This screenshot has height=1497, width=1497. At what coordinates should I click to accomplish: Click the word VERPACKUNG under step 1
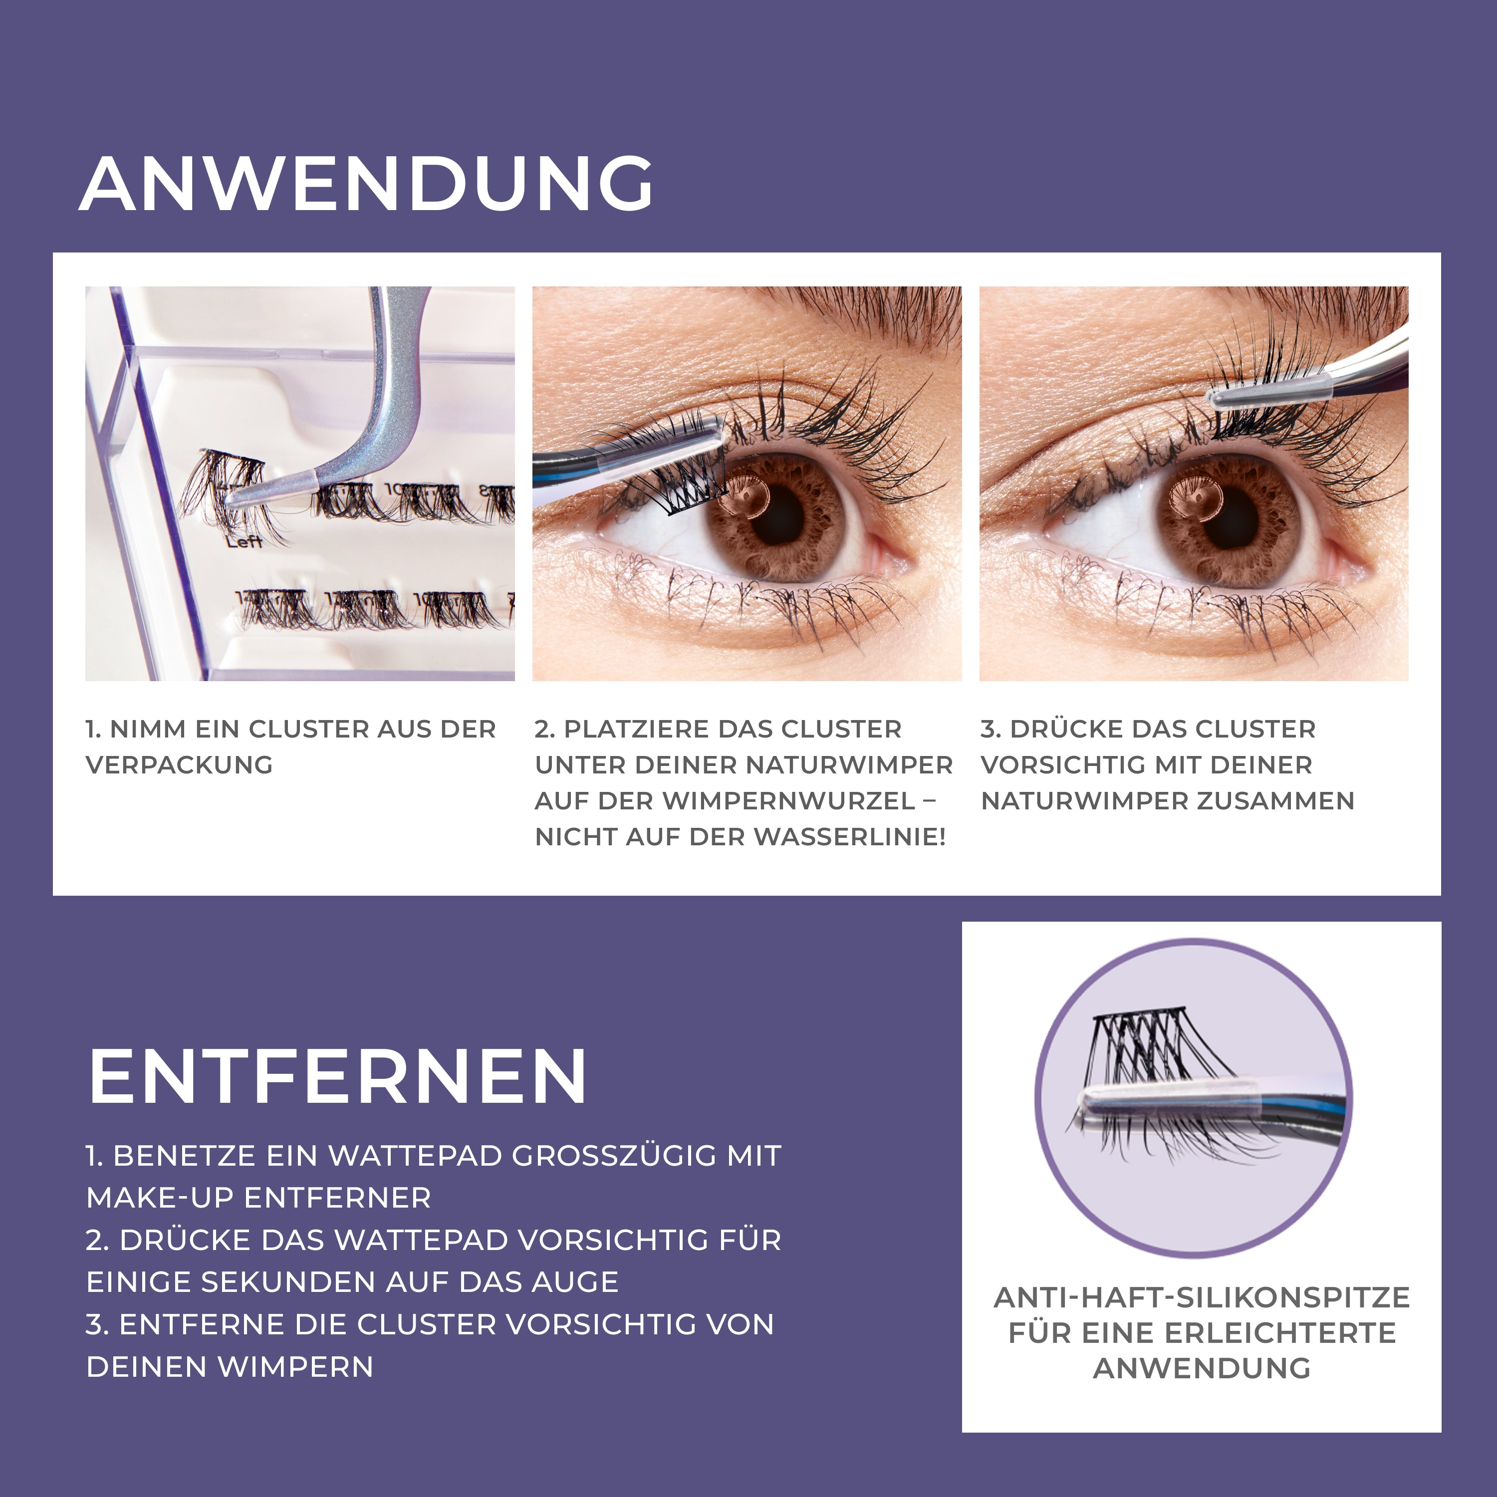point(179,765)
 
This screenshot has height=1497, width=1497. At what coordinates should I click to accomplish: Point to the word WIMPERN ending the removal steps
point(295,1366)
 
